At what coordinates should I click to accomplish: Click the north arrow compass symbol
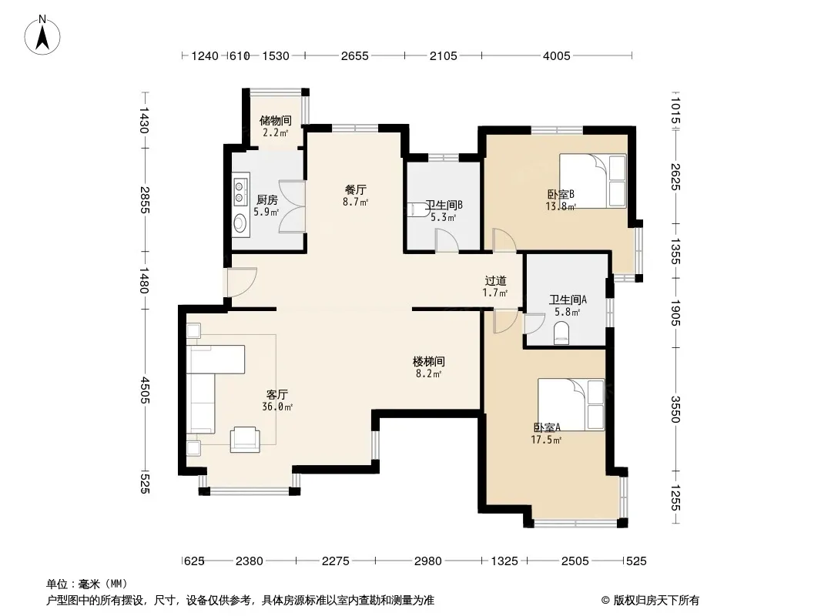pyautogui.click(x=42, y=35)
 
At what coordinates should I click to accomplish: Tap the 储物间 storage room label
pyautogui.click(x=276, y=121)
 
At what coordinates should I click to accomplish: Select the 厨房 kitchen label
pyautogui.click(x=266, y=200)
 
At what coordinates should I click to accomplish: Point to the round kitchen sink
pyautogui.click(x=240, y=223)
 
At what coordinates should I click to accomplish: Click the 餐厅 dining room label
pyautogui.click(x=356, y=189)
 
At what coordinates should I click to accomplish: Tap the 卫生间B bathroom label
pyautogui.click(x=444, y=205)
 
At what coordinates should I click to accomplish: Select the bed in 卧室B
pyautogui.click(x=593, y=180)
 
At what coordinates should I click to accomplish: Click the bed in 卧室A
pyautogui.click(x=571, y=404)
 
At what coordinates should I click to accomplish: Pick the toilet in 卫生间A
pyautogui.click(x=561, y=333)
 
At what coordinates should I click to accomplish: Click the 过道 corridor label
pyautogui.click(x=495, y=281)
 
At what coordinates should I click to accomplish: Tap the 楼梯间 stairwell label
pyautogui.click(x=429, y=362)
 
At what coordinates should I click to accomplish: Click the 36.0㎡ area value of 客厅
pyautogui.click(x=277, y=407)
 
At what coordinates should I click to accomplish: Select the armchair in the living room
pyautogui.click(x=244, y=439)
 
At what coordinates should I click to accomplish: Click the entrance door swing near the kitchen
pyautogui.click(x=240, y=283)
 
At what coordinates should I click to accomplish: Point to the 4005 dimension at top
pyautogui.click(x=556, y=56)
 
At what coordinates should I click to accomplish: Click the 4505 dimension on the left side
pyautogui.click(x=145, y=390)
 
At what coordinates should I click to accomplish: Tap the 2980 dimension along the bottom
pyautogui.click(x=427, y=561)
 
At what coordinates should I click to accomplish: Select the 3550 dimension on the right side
pyautogui.click(x=675, y=410)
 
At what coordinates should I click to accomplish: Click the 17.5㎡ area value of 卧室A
pyautogui.click(x=546, y=440)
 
